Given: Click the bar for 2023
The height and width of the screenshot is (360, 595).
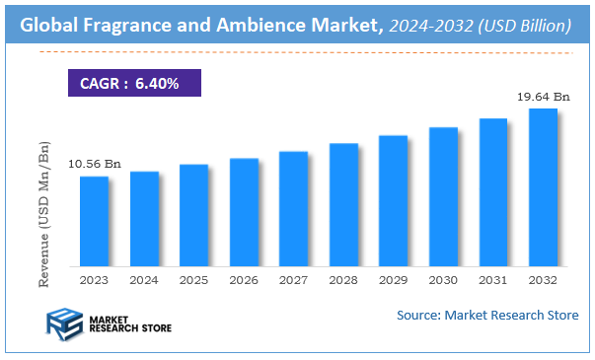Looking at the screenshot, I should (94, 221).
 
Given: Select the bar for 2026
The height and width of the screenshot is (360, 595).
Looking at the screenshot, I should (244, 212).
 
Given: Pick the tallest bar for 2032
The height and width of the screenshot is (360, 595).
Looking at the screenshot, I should (543, 187).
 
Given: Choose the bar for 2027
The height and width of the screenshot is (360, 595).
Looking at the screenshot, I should (293, 208).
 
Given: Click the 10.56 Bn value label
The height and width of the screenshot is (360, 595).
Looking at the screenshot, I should (94, 164).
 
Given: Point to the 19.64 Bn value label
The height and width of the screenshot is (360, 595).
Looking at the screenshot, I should (543, 97).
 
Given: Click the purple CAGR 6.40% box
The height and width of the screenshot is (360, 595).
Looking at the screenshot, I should (133, 83).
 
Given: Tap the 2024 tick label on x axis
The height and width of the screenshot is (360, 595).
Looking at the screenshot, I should (144, 281).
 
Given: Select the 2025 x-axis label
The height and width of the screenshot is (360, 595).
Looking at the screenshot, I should (193, 281).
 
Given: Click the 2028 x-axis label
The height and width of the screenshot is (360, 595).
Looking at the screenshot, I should (343, 281).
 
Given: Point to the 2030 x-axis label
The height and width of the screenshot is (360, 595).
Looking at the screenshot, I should (443, 281).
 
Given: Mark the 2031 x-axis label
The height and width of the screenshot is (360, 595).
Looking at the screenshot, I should (492, 281).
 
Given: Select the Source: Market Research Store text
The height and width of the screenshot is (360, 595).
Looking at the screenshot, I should (487, 315).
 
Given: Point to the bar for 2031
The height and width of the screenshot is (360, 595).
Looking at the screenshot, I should (492, 192).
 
